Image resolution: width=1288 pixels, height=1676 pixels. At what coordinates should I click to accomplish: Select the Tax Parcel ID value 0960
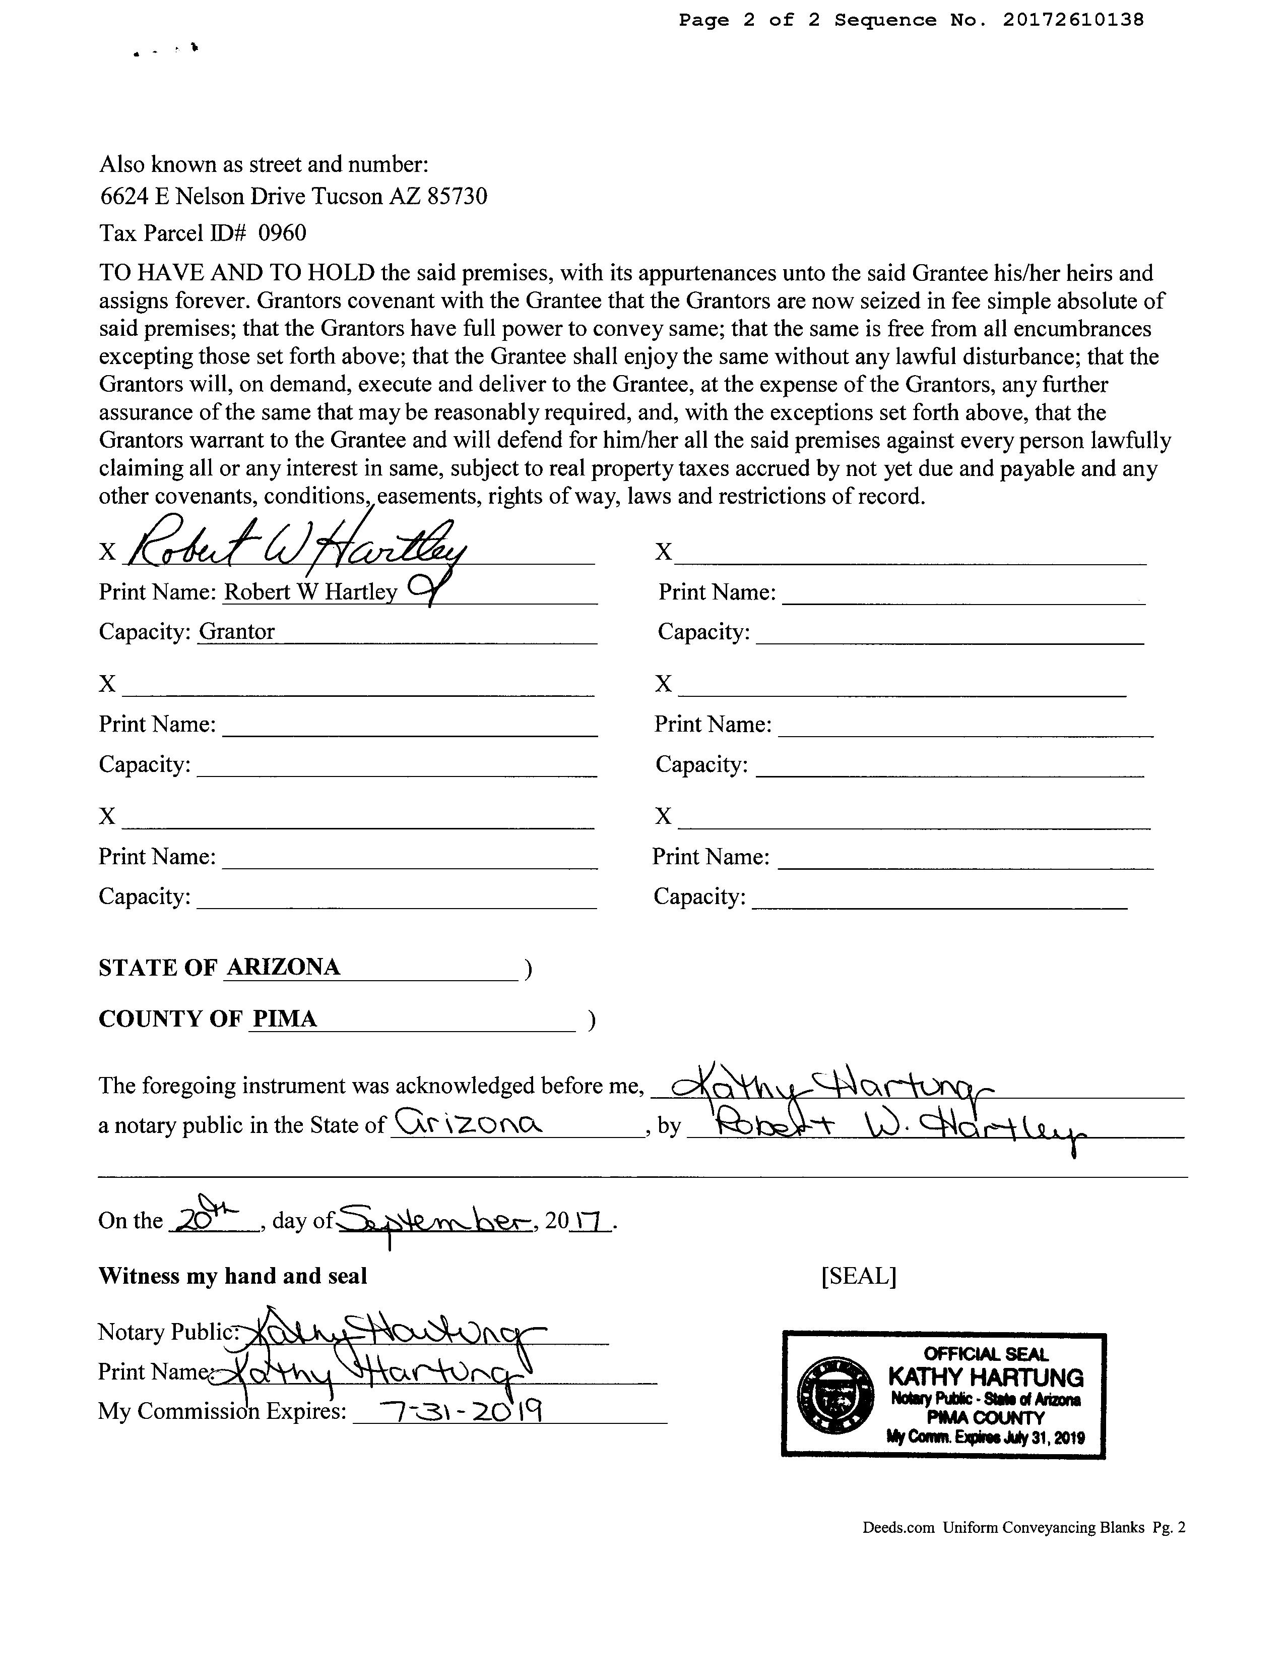[x=282, y=233]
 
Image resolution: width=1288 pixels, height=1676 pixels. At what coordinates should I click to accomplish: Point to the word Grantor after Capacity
[x=237, y=632]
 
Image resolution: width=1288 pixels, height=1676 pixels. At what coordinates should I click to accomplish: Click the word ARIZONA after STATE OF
[x=283, y=967]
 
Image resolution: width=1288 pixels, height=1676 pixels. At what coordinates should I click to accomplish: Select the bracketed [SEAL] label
[x=858, y=1276]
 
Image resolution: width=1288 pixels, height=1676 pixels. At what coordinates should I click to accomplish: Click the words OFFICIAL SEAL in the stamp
[x=986, y=1355]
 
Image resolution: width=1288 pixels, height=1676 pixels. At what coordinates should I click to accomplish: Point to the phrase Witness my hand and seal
[x=233, y=1276]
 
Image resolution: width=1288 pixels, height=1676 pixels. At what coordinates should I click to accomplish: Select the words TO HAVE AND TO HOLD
[x=237, y=273]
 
